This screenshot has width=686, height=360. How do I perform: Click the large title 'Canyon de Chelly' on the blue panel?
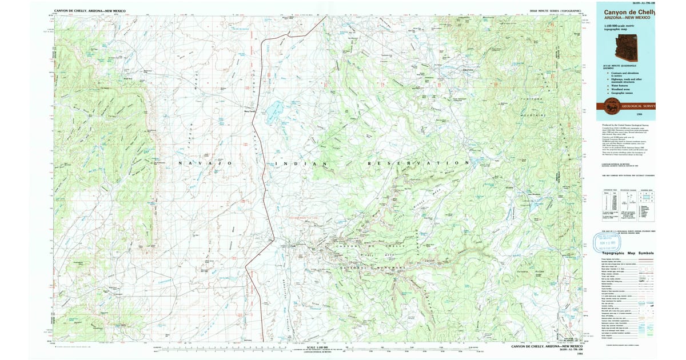[x=627, y=12]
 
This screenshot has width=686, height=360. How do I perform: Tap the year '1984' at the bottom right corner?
[x=580, y=353]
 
